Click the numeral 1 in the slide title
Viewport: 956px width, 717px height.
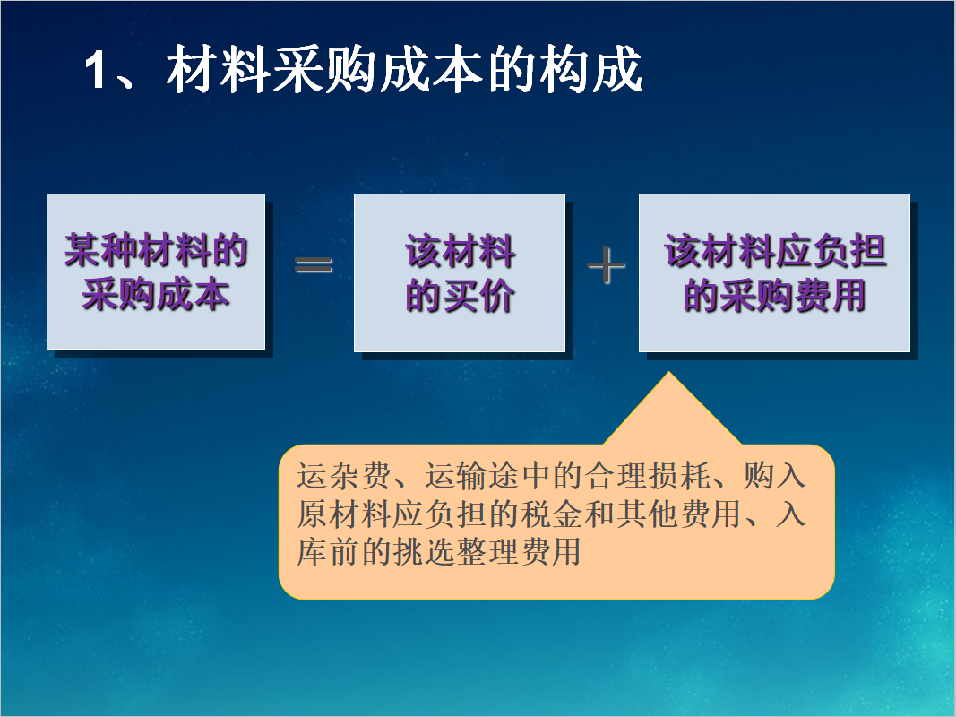point(97,72)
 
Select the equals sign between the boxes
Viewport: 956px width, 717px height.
point(314,265)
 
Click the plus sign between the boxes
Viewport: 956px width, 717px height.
point(606,266)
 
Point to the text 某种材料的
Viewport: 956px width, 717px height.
point(156,252)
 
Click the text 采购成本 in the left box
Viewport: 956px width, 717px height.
point(156,295)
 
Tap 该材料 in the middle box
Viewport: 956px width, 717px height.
point(460,252)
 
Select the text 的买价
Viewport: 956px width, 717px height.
point(460,297)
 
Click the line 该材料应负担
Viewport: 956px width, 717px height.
point(775,252)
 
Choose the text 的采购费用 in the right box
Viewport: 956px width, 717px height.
point(775,297)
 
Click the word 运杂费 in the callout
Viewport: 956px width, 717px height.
point(343,476)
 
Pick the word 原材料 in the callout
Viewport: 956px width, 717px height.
point(343,514)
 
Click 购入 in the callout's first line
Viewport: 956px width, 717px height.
point(776,476)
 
